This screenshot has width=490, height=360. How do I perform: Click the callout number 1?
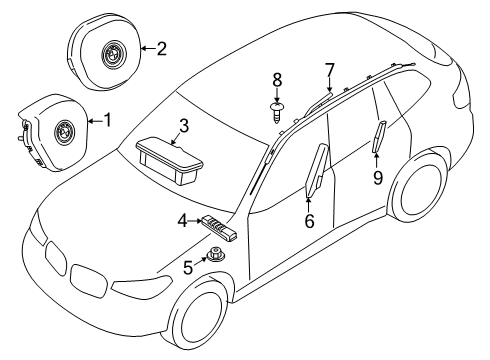click(x=108, y=120)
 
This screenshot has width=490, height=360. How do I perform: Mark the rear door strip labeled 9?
click(x=381, y=135)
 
